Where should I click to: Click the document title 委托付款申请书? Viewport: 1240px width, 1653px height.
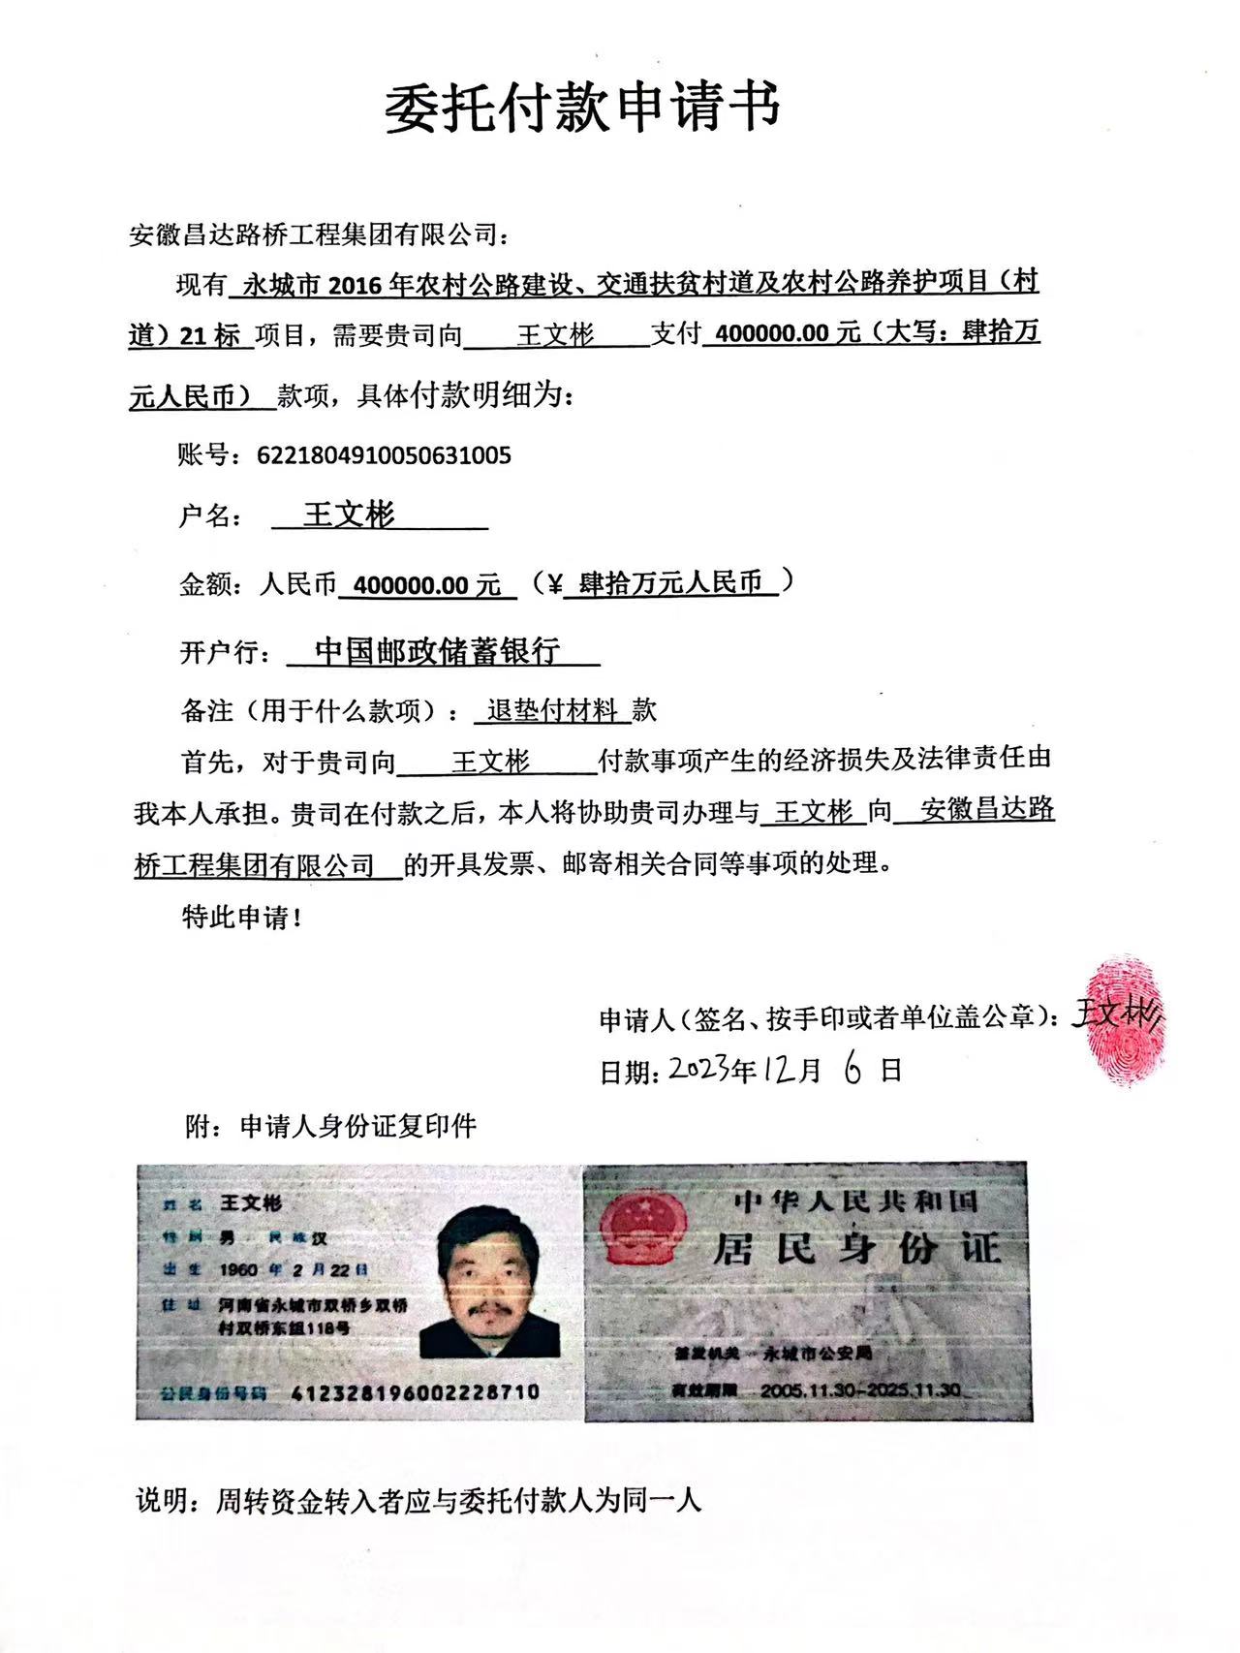click(583, 109)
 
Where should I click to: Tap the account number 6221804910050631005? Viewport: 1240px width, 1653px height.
click(384, 455)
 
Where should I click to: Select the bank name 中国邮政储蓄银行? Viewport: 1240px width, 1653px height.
click(438, 651)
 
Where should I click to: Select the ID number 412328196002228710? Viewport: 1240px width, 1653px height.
click(416, 1392)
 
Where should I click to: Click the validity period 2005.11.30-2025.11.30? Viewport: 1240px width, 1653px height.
click(860, 1389)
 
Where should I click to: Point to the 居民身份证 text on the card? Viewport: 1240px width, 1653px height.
click(856, 1248)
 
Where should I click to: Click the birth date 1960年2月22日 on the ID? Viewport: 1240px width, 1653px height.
click(294, 1269)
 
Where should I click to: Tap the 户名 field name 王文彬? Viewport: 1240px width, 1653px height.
click(350, 515)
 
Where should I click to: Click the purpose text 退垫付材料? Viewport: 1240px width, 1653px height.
click(552, 711)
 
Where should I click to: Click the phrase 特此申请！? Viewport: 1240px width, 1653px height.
click(242, 917)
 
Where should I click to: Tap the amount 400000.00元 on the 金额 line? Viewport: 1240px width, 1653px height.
click(427, 585)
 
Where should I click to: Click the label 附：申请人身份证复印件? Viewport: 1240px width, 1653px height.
click(330, 1126)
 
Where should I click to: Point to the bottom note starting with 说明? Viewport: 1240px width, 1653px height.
click(418, 1502)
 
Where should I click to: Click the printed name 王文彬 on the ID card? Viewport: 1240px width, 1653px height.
click(251, 1202)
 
